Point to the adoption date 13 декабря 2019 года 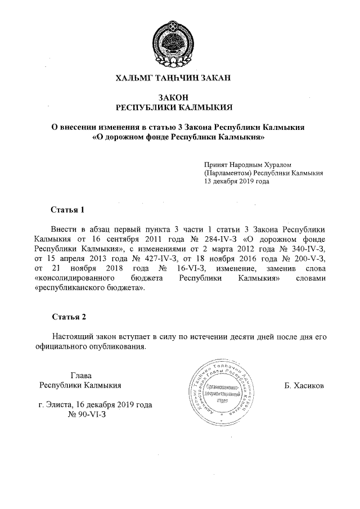[x=237, y=182]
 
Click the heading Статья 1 [x=67, y=210]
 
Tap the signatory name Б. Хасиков [x=304, y=386]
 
